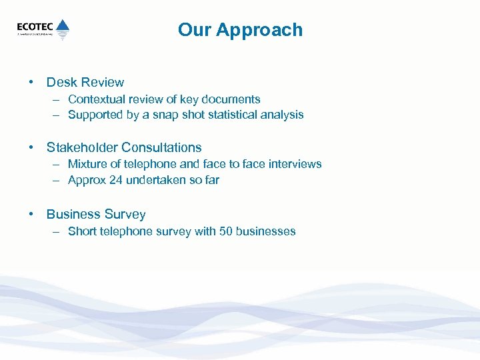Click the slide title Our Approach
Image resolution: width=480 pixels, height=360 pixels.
click(240, 30)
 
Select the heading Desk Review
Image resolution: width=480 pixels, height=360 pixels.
click(85, 83)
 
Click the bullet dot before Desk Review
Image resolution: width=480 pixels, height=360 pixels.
click(31, 83)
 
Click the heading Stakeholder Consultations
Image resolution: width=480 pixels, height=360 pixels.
click(123, 148)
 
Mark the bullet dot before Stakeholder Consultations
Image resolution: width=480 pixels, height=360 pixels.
click(31, 148)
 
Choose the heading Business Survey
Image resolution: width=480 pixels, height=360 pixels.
click(95, 215)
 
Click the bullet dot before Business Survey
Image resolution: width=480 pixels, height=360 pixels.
click(31, 215)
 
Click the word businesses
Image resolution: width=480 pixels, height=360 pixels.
click(266, 231)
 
